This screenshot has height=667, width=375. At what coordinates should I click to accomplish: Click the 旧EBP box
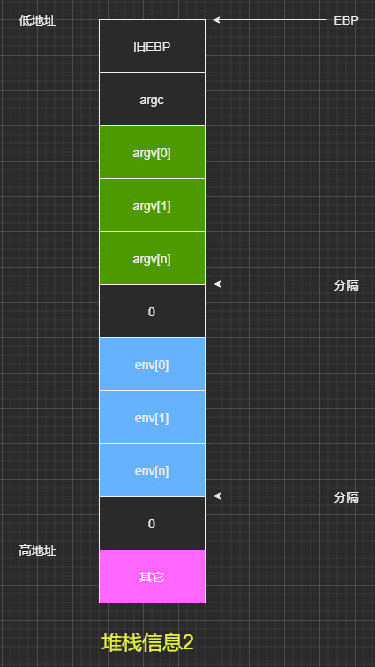pos(152,46)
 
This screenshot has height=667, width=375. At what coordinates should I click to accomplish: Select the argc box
pos(152,100)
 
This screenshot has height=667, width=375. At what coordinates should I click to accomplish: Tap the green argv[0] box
pos(152,153)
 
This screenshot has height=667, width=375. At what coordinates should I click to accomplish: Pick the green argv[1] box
pos(152,206)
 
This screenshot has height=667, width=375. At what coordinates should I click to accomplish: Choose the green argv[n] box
pos(152,259)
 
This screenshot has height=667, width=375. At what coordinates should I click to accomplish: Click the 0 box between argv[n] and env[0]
pos(152,312)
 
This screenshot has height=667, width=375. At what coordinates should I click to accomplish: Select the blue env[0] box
pos(152,365)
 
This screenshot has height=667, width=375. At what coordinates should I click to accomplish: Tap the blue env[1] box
pos(152,418)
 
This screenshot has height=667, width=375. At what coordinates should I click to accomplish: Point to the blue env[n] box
pos(152,471)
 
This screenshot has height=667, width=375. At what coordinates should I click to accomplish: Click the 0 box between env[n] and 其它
pos(152,524)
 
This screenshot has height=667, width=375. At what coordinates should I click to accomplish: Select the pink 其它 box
pos(152,577)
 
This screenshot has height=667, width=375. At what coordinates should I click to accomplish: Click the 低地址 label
pos(37,20)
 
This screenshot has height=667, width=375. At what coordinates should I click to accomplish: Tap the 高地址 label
pos(37,551)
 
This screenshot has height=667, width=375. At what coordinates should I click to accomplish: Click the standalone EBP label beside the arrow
pos(346,20)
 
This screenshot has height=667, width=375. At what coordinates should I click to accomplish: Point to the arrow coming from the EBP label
pos(270,20)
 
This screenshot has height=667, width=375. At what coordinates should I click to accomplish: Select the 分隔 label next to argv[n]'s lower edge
pos(346,286)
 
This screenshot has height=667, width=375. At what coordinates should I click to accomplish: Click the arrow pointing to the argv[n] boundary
pos(270,284)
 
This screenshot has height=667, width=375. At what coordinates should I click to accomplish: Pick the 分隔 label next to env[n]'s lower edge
pos(346,497)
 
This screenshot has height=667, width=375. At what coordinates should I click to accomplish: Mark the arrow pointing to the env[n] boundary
pos(270,496)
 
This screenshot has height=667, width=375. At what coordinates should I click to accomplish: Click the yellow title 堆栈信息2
pos(147,643)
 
